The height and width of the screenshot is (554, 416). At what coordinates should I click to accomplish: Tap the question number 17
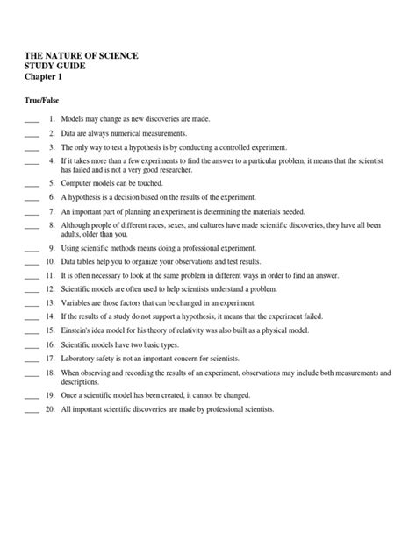click(x=51, y=359)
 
